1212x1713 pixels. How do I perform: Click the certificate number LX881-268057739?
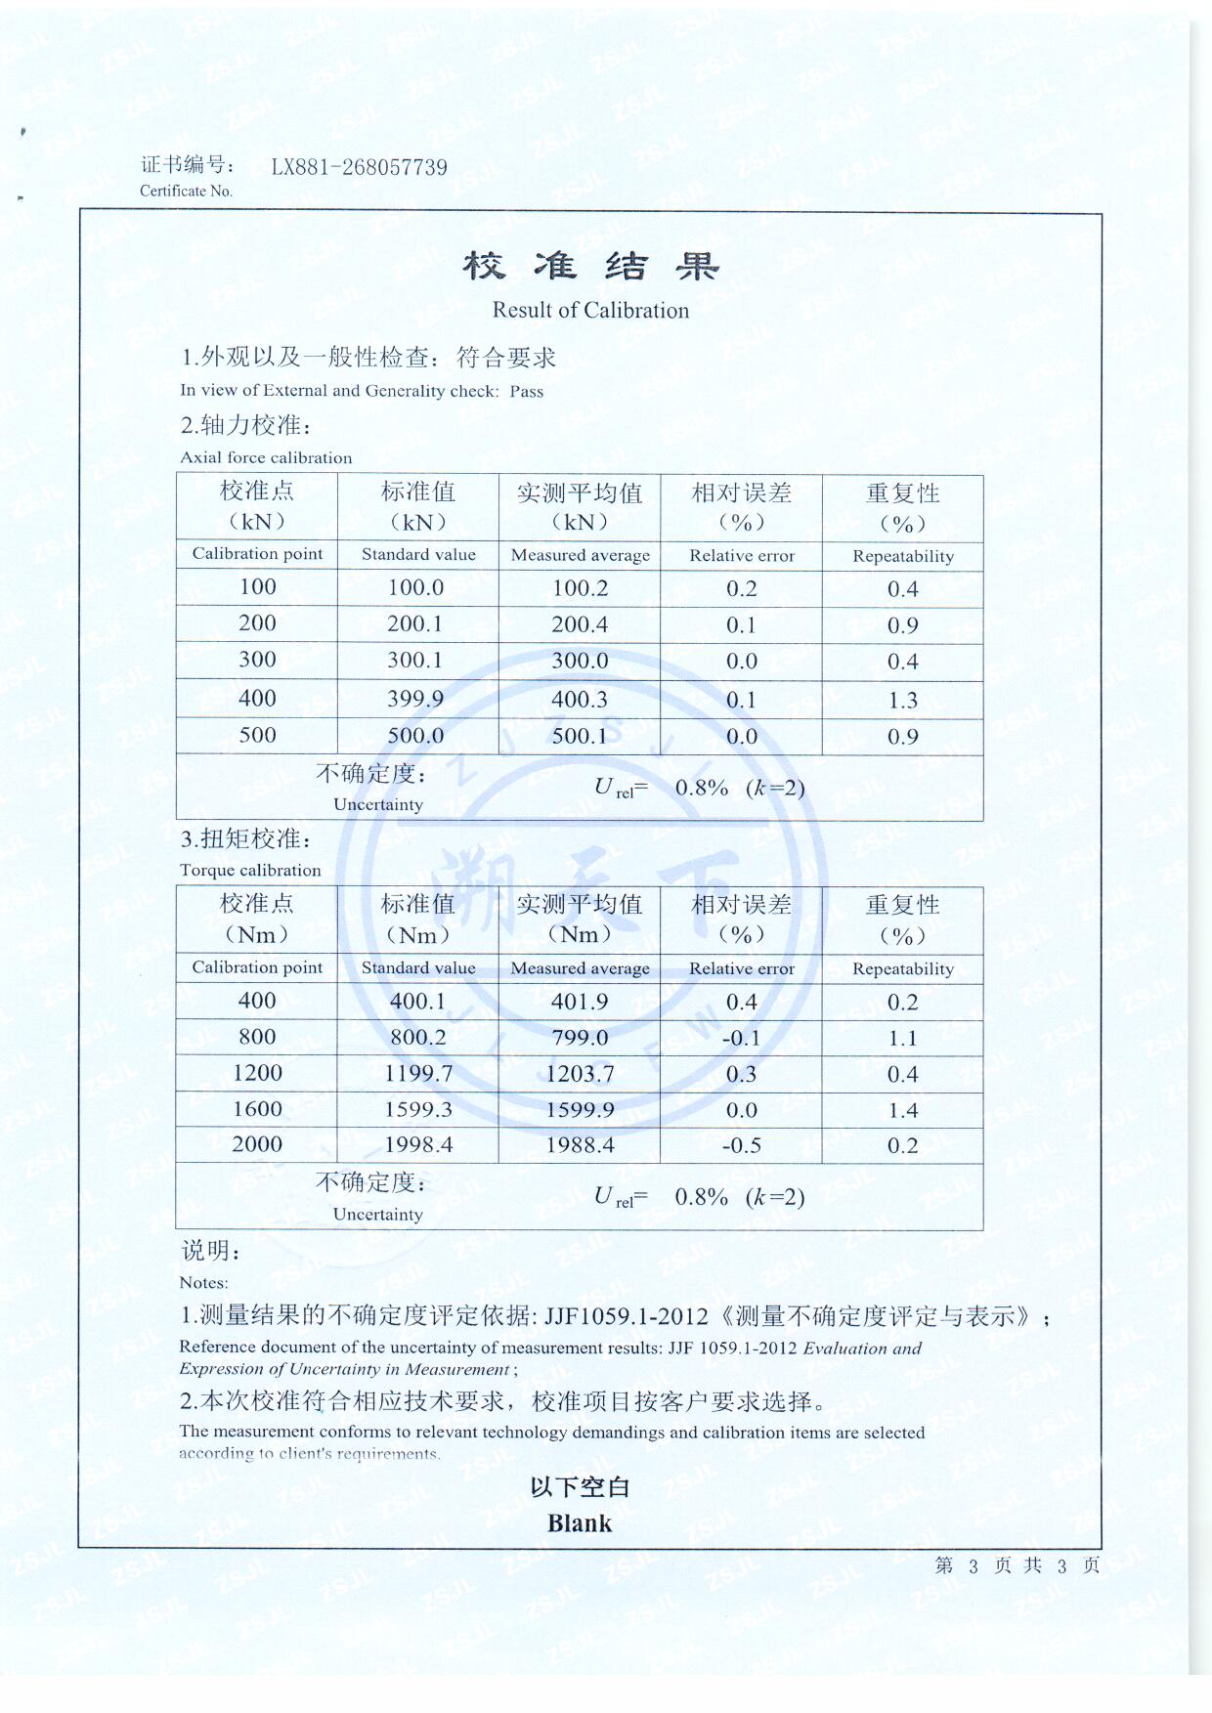[x=359, y=167]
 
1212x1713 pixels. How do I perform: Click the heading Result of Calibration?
[x=590, y=311]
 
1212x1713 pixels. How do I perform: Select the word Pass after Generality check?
[x=526, y=392]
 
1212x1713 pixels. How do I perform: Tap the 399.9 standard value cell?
[x=415, y=699]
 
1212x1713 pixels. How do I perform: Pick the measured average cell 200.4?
[x=580, y=624]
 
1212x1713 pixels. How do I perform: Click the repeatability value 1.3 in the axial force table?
[x=902, y=701]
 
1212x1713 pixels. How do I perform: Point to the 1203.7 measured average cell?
[x=580, y=1074]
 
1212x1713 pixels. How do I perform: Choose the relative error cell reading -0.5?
[x=741, y=1145]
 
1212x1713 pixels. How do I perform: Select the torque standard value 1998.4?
[x=418, y=1145]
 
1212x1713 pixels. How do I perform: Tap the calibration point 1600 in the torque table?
[x=257, y=1109]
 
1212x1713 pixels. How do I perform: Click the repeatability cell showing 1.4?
[x=902, y=1110]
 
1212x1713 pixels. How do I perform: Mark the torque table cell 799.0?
[x=580, y=1038]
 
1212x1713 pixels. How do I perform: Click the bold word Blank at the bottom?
[x=580, y=1523]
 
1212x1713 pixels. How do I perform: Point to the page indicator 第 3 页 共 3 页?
[x=1017, y=1565]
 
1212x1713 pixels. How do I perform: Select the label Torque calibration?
[x=250, y=871]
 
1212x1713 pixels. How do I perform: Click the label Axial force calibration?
[x=266, y=457]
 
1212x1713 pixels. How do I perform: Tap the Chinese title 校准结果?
[x=590, y=266]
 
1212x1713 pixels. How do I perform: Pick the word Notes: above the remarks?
[x=203, y=1283]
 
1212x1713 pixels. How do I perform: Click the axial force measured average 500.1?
[x=580, y=736]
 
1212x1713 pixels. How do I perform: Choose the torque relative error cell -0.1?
[x=741, y=1038]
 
